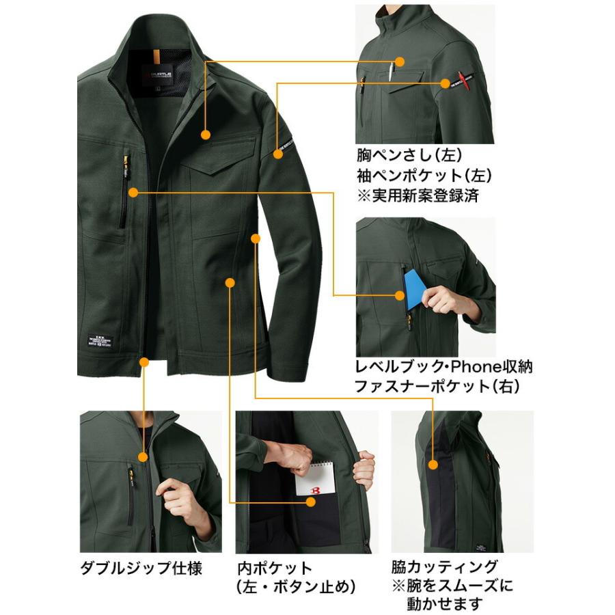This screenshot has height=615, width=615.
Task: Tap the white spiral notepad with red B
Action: tap(315, 482)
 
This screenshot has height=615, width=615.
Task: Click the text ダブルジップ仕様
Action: tap(141, 568)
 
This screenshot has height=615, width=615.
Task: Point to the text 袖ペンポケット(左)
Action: tap(424, 175)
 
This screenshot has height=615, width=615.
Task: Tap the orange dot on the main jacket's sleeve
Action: tap(277, 154)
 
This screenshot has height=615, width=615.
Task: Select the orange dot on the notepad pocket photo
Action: tap(311, 502)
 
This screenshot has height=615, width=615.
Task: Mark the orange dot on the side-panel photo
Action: tap(433, 465)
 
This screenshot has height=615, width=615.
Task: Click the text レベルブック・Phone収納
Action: tap(443, 367)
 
